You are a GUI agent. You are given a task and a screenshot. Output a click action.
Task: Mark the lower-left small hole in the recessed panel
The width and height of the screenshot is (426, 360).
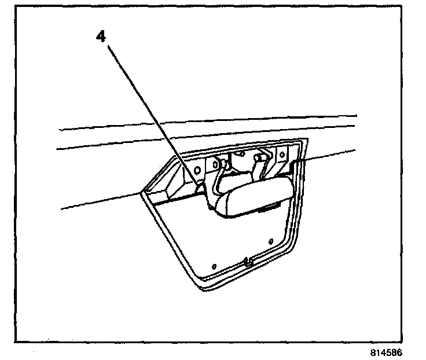tap(215, 266)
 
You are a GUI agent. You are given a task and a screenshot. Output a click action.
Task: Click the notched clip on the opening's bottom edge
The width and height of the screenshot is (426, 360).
tap(248, 261)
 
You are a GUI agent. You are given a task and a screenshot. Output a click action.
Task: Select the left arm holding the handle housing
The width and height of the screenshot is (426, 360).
tap(218, 179)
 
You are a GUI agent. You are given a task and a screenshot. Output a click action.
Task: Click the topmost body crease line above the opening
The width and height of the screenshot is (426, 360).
tap(208, 122)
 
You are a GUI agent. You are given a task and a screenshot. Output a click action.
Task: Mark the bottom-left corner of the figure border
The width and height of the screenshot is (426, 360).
tap(16, 341)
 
